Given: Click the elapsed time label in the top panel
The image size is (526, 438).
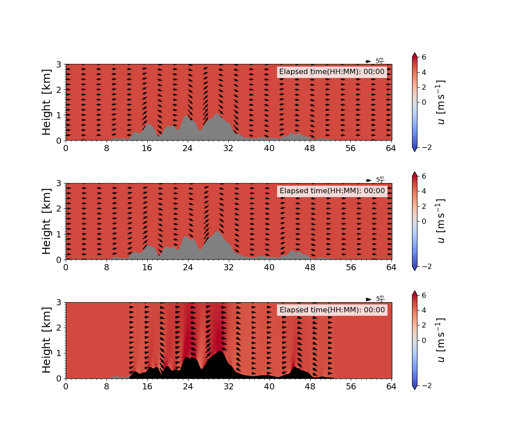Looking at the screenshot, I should tap(332, 72).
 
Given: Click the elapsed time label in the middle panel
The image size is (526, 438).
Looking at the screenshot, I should tap(332, 191).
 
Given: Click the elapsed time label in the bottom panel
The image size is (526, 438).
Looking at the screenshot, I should tap(332, 310).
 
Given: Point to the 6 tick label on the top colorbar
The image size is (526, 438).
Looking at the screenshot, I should tap(424, 57).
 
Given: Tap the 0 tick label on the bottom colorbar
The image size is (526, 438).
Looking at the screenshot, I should tap(424, 340).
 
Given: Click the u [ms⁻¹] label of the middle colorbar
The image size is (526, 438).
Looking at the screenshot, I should tap(441, 221).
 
